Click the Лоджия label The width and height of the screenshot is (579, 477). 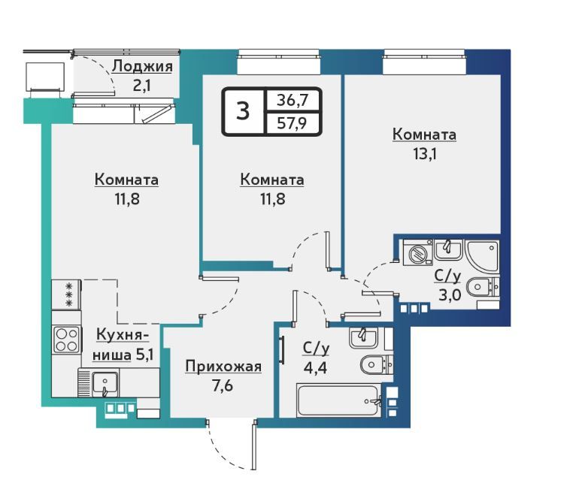[x=142, y=67]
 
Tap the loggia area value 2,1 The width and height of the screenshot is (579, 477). [x=141, y=86]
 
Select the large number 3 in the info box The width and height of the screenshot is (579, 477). [x=243, y=110]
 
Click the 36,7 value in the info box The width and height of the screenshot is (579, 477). [x=293, y=100]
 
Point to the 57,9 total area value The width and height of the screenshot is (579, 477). [x=292, y=123]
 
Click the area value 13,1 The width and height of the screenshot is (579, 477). [x=424, y=153]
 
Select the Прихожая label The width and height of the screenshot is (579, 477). [x=223, y=367]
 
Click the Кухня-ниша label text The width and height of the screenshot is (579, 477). [x=123, y=345]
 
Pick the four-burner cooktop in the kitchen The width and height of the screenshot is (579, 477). [x=66, y=340]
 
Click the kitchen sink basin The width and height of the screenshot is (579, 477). [x=105, y=383]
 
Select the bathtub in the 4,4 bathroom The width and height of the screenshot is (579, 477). [x=339, y=400]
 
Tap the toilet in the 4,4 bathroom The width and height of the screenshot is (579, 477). [x=377, y=365]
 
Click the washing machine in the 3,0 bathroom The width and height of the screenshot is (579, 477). [x=417, y=252]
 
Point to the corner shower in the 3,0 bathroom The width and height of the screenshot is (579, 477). [x=483, y=256]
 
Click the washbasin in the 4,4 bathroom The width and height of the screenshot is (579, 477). [x=363, y=337]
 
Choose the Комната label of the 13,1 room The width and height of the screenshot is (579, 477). [x=424, y=134]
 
